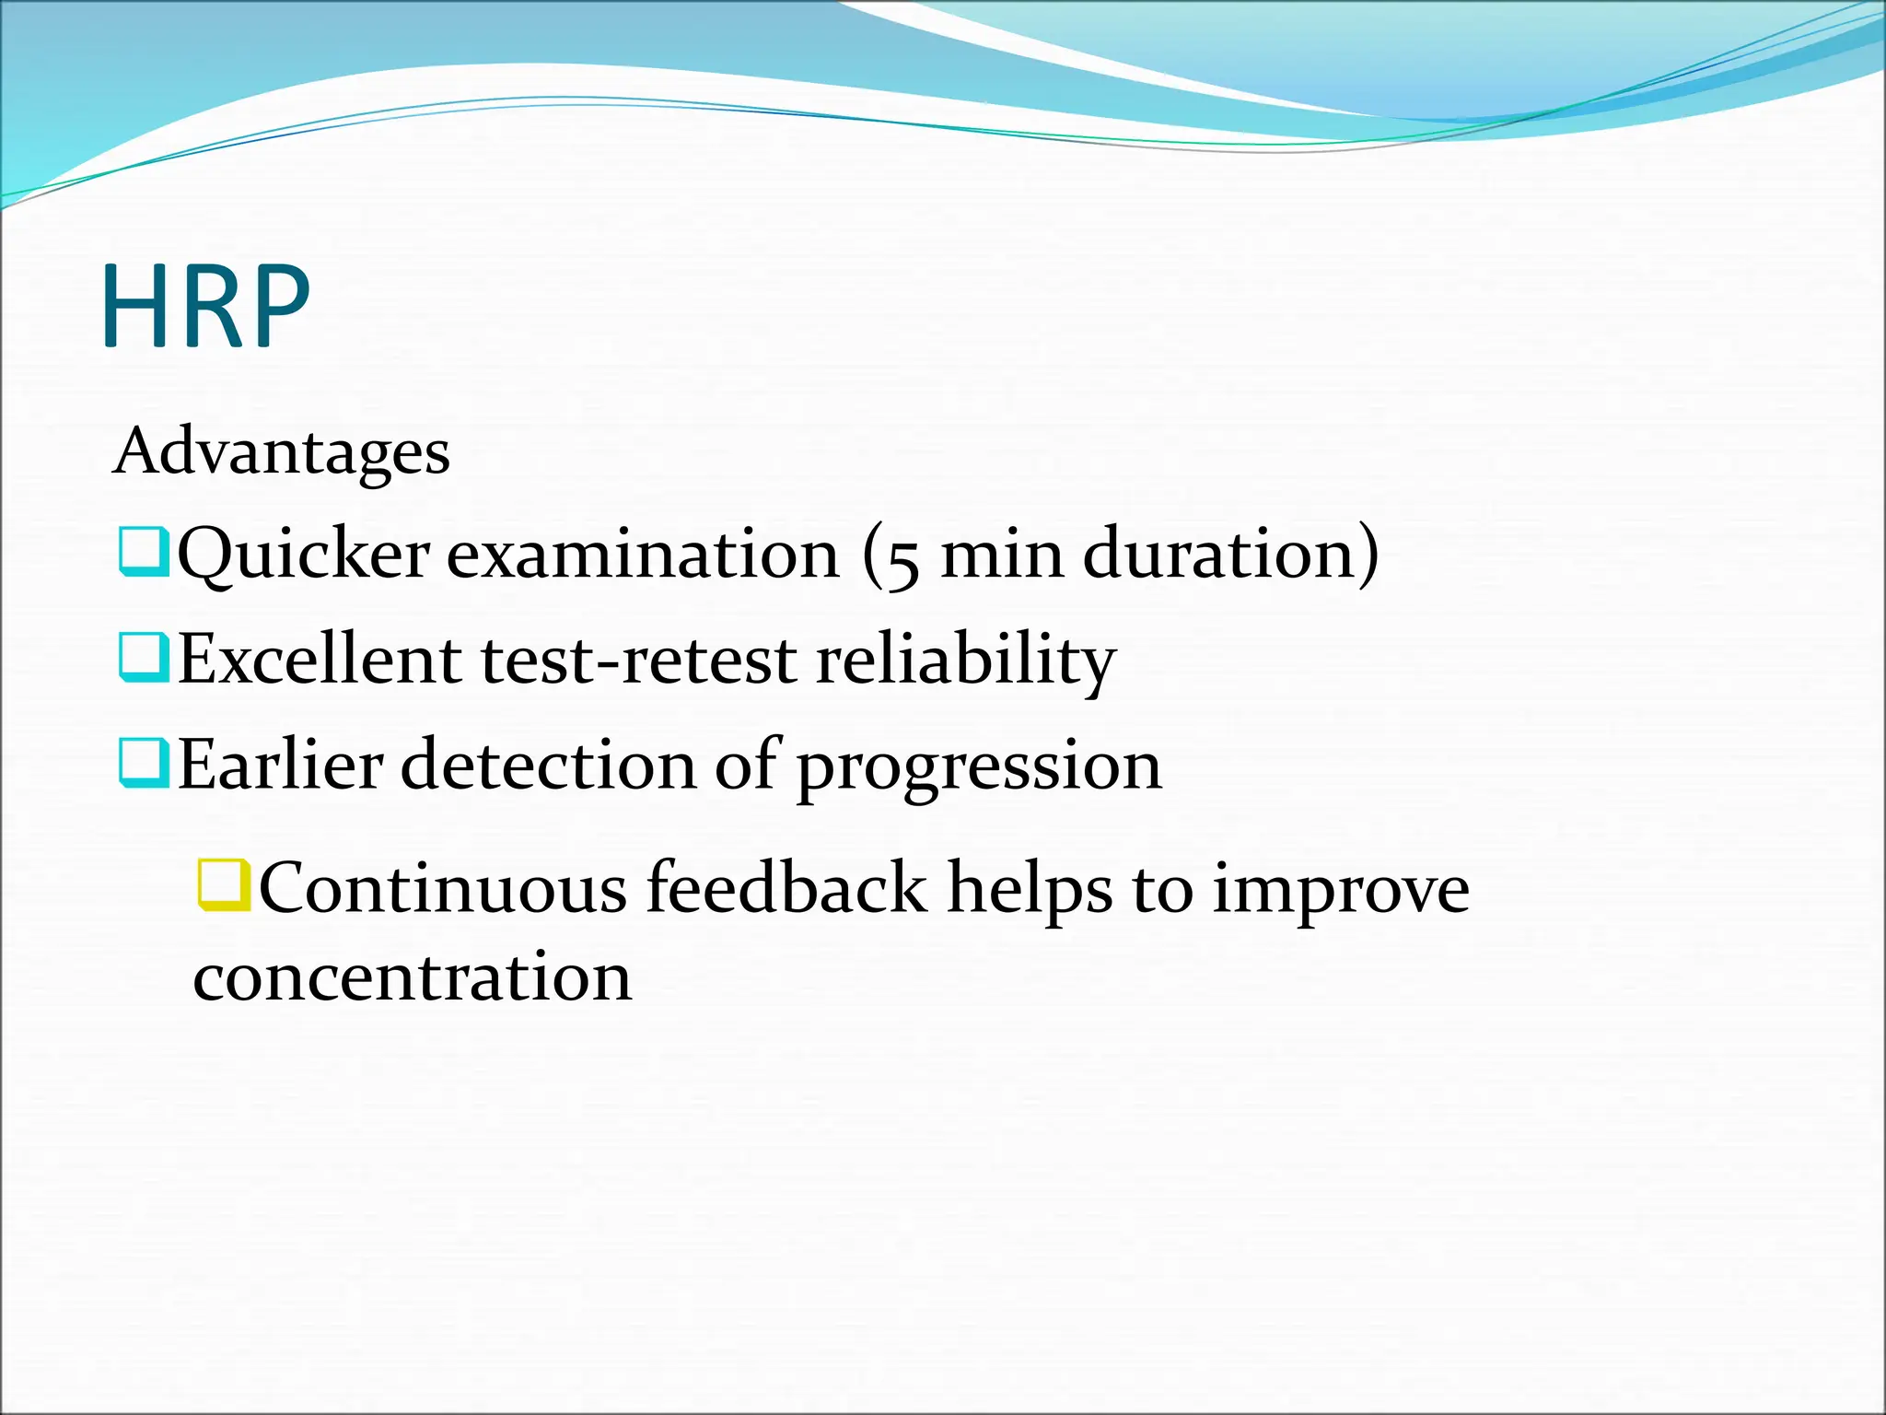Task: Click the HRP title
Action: point(206,307)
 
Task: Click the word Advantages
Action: point(282,452)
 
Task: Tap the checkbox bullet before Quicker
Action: point(144,552)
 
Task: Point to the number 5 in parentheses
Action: point(902,558)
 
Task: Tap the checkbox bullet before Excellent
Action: point(144,657)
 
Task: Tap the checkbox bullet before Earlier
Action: point(144,763)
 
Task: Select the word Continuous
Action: point(443,888)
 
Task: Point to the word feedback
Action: point(786,888)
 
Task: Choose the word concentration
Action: point(413,977)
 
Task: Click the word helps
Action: point(1030,890)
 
